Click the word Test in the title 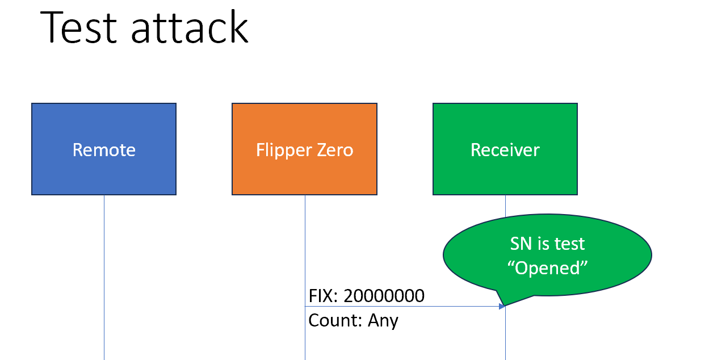pos(78,27)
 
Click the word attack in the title pos(190,27)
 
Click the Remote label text pos(104,150)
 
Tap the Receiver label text pos(505,150)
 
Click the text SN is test pos(547,244)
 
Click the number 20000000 pos(384,296)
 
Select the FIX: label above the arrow pos(324,296)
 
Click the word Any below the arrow pos(383,320)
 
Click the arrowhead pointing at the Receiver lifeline pos(502,307)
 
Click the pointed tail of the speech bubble pos(502,301)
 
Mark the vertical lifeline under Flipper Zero pos(305,250)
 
